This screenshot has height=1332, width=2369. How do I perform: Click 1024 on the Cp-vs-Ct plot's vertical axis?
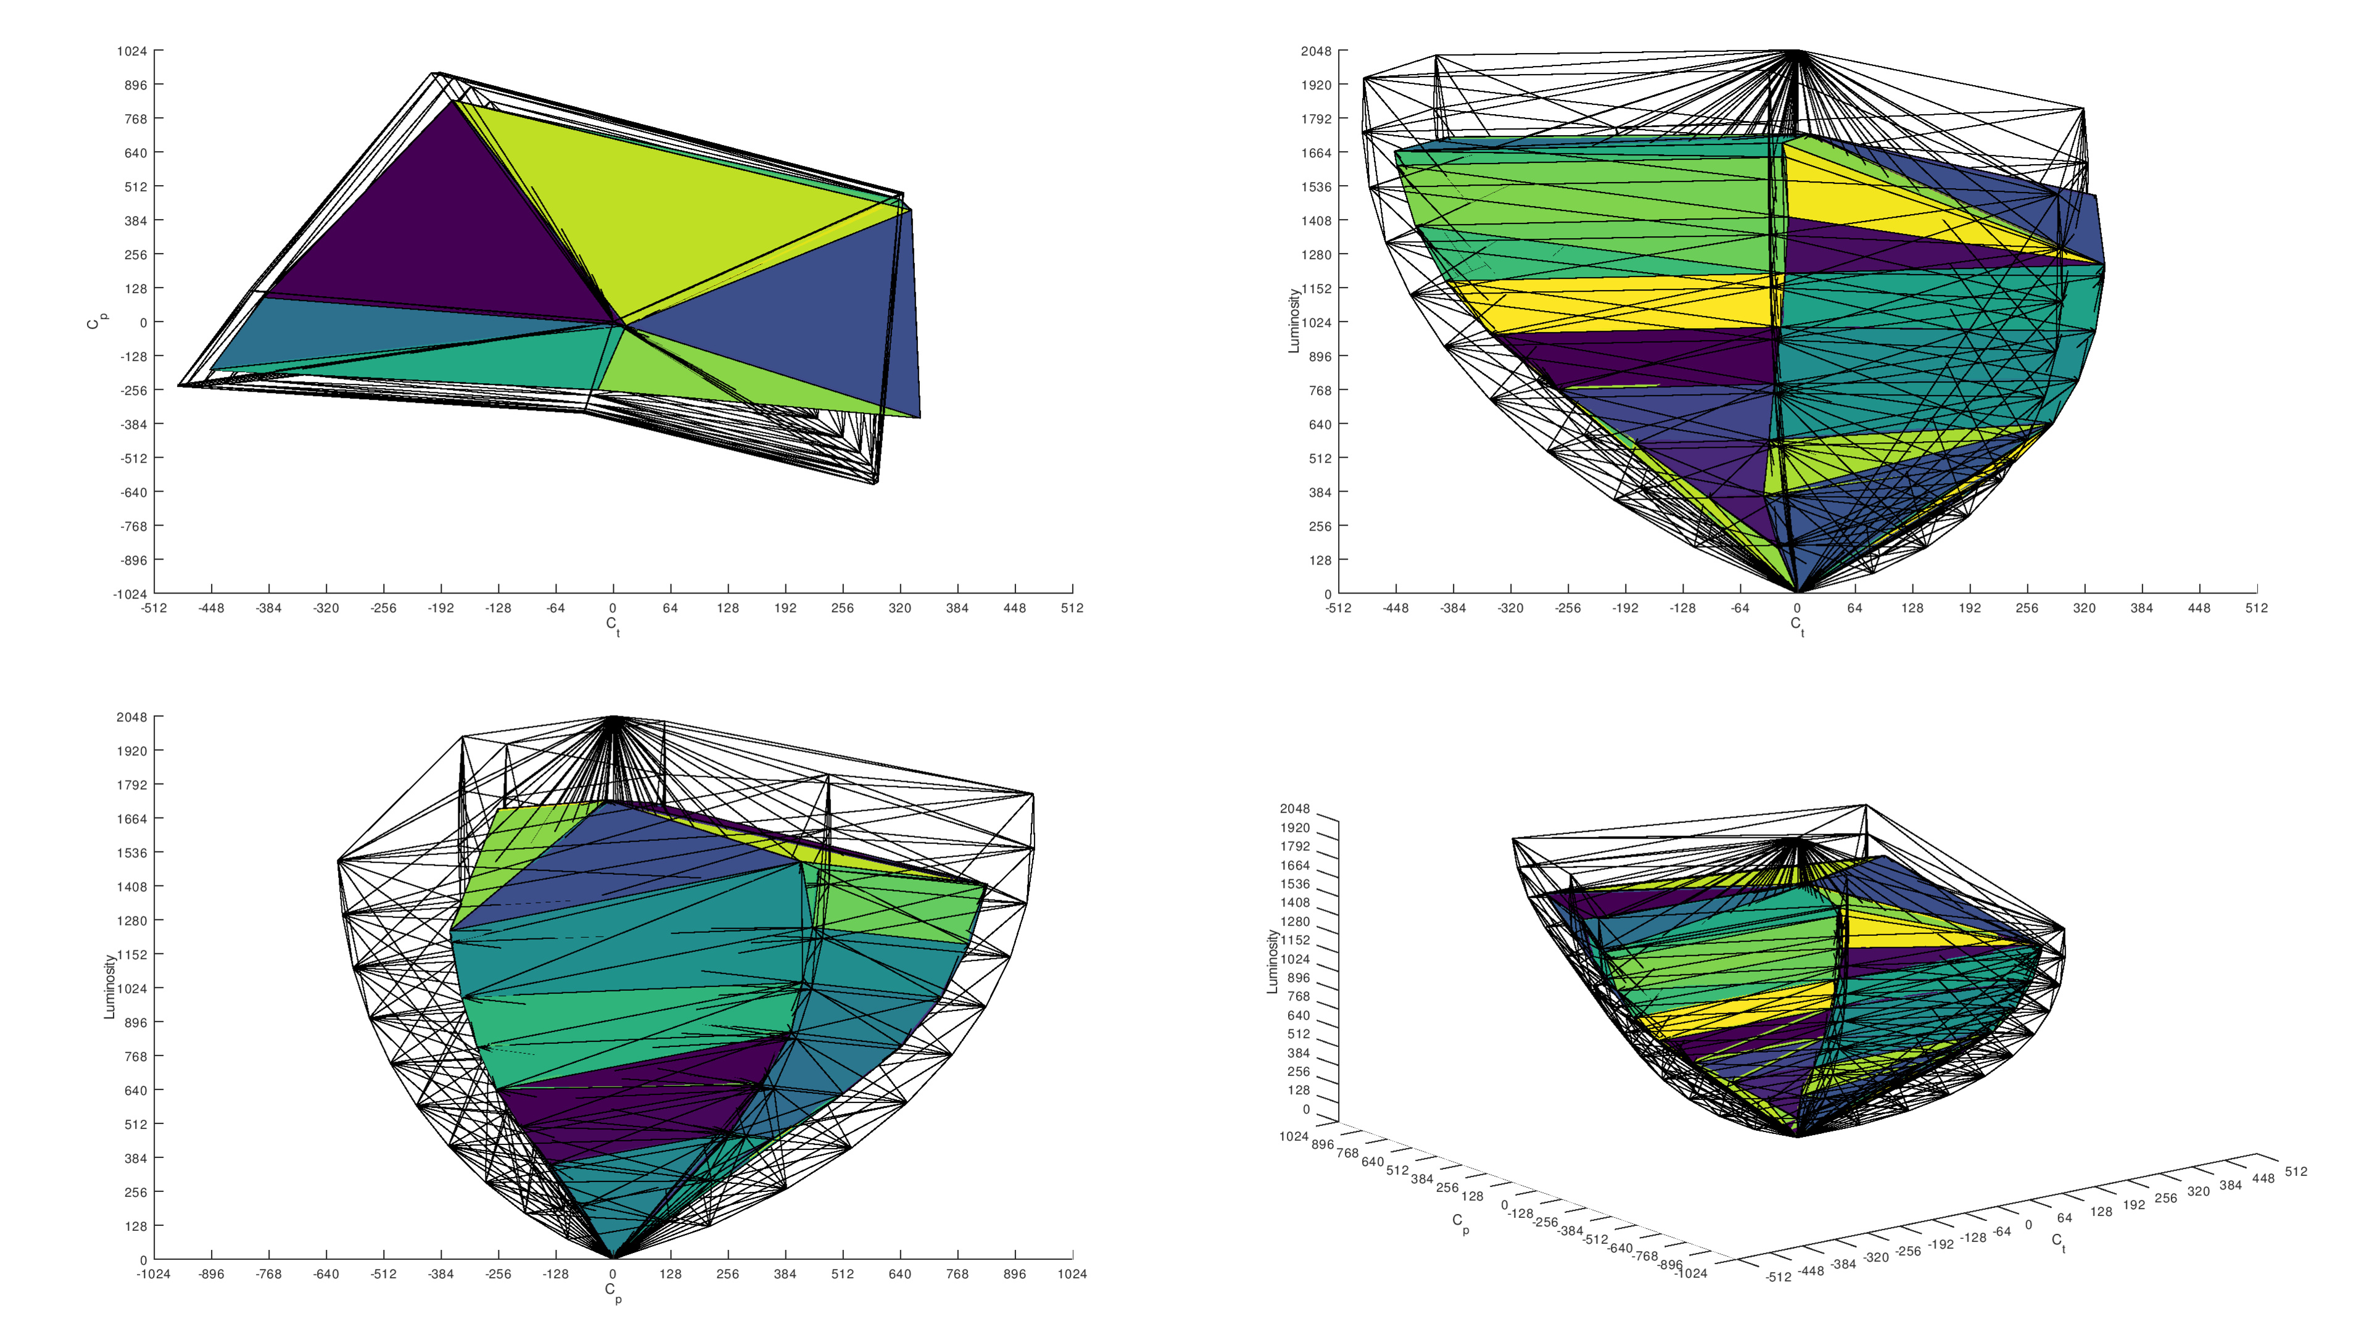pyautogui.click(x=131, y=51)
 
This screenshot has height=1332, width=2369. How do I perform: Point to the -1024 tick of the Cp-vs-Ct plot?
pyautogui.click(x=130, y=594)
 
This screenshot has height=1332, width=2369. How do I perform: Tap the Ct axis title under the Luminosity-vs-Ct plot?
pyautogui.click(x=1797, y=626)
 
